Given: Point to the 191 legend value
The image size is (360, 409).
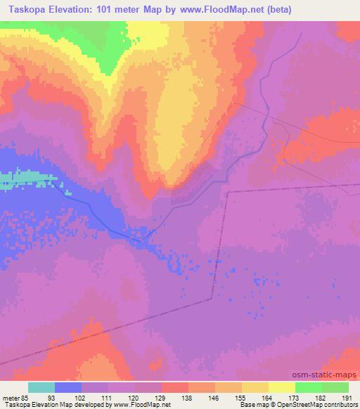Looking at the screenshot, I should [347, 398].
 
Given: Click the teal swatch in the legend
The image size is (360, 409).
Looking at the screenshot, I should [41, 387].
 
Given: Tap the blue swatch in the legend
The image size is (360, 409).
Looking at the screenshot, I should [68, 387].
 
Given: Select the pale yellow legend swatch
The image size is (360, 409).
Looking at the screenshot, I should [282, 387].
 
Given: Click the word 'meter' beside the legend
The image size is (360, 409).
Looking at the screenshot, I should [9, 398].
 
